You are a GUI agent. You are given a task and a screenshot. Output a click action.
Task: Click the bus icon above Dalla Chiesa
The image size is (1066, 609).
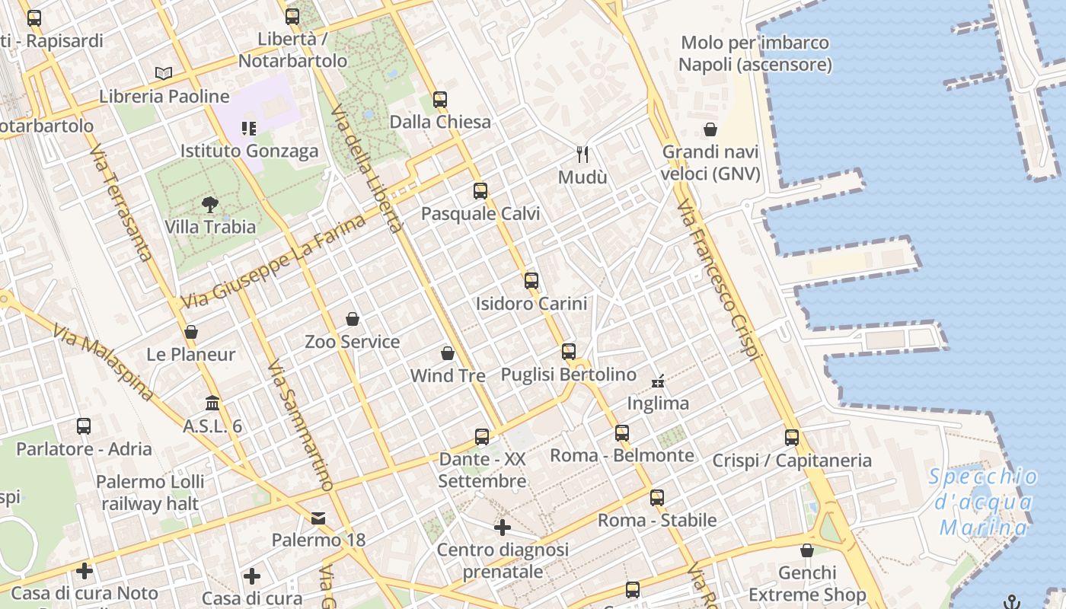[440, 99]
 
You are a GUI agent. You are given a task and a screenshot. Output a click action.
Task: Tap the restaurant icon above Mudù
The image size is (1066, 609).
[583, 155]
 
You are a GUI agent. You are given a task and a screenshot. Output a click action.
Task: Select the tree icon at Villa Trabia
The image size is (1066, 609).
[210, 204]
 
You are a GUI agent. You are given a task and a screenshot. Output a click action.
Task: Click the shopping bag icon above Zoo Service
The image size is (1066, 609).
[352, 318]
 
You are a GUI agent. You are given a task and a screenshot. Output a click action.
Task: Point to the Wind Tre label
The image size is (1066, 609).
[448, 375]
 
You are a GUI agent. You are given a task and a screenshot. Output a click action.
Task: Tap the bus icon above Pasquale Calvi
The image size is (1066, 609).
[480, 191]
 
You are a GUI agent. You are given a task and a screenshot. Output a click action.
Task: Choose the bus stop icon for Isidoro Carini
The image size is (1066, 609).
[531, 280]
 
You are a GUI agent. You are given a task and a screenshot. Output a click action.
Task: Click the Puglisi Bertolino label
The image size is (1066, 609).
[568, 375]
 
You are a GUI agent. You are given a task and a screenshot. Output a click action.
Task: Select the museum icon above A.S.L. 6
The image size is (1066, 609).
[212, 403]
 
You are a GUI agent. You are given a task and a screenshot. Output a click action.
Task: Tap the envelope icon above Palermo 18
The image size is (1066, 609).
[318, 518]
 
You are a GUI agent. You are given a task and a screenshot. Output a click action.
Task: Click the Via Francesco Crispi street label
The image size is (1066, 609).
[718, 279]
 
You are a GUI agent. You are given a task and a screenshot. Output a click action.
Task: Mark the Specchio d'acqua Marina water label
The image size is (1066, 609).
[983, 502]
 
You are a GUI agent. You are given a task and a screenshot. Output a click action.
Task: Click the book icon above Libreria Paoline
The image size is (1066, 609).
[164, 73]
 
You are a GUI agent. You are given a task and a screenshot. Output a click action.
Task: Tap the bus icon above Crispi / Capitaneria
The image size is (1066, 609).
[792, 438]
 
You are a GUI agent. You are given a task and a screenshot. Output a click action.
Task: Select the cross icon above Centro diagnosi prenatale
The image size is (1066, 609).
[503, 527]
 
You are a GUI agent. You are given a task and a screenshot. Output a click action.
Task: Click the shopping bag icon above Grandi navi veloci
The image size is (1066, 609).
[710, 129]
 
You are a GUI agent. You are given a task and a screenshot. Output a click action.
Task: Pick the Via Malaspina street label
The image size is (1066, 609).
[103, 362]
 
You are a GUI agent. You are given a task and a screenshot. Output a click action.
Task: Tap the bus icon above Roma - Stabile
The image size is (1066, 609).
[657, 498]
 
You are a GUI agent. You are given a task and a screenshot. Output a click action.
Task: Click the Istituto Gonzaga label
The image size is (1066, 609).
[249, 151]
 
